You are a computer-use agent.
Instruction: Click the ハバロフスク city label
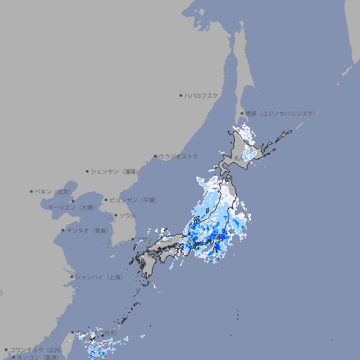pos(201,95)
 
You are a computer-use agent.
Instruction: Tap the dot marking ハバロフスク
pos(181,95)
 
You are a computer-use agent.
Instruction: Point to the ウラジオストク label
pos(179,156)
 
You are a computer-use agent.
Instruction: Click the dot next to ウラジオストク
pos(155,156)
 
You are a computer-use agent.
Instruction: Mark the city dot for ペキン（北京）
pos(32,191)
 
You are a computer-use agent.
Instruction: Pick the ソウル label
pos(127,215)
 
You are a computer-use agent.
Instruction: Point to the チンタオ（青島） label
pos(88,230)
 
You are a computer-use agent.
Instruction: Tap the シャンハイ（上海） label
pos(98,277)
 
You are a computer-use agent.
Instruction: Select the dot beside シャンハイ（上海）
pos(72,277)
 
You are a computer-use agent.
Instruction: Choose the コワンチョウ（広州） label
pos(35,349)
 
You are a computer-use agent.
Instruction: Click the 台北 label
pos(110,333)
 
